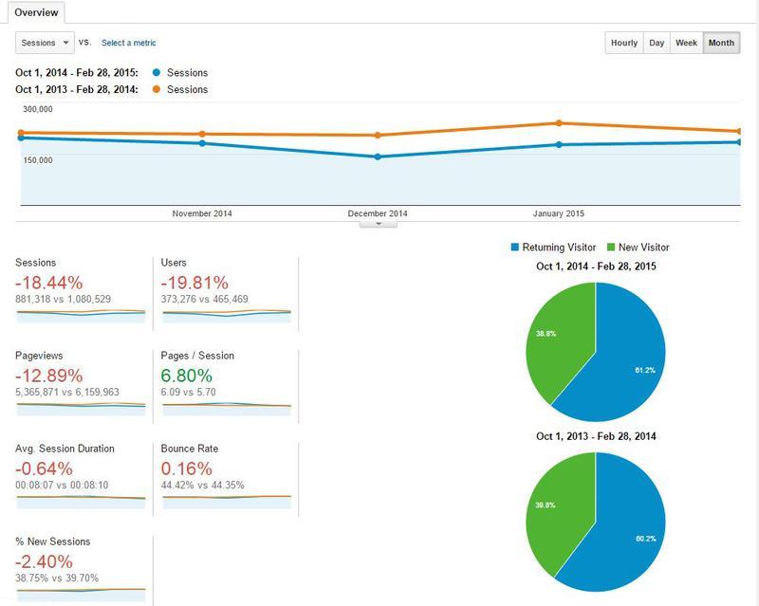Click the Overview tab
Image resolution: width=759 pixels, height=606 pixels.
pos(39,13)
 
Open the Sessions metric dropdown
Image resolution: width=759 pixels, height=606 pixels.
pos(45,43)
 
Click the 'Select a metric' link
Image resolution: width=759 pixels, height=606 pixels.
pos(128,43)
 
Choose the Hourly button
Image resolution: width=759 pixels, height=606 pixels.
pos(623,43)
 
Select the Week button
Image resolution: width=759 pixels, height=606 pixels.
pos(686,43)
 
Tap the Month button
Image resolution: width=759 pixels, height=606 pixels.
pos(720,43)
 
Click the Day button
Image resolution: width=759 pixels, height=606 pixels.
pos(656,43)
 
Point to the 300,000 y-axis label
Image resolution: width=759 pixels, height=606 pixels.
pos(36,110)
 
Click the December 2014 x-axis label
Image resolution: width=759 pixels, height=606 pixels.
pos(378,213)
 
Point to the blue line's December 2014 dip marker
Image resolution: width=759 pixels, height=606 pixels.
pos(378,156)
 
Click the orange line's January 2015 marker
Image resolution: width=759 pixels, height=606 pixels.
pos(559,123)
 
